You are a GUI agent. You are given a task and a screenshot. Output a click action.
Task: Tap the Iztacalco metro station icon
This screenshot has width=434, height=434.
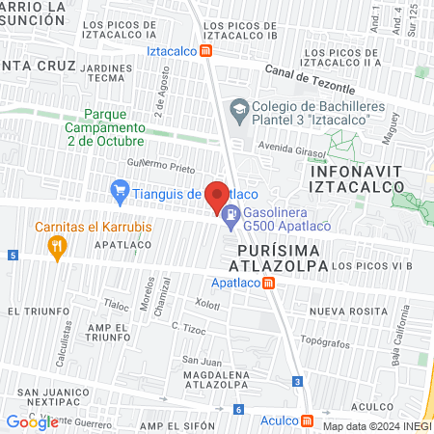(x=206, y=51)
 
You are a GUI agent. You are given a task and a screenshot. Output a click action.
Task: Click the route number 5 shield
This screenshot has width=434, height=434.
(x=12, y=255)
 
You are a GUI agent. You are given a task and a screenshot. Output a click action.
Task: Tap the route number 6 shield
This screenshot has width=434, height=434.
(x=237, y=410)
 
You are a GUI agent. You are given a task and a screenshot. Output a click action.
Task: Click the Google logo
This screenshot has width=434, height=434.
(x=32, y=421)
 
